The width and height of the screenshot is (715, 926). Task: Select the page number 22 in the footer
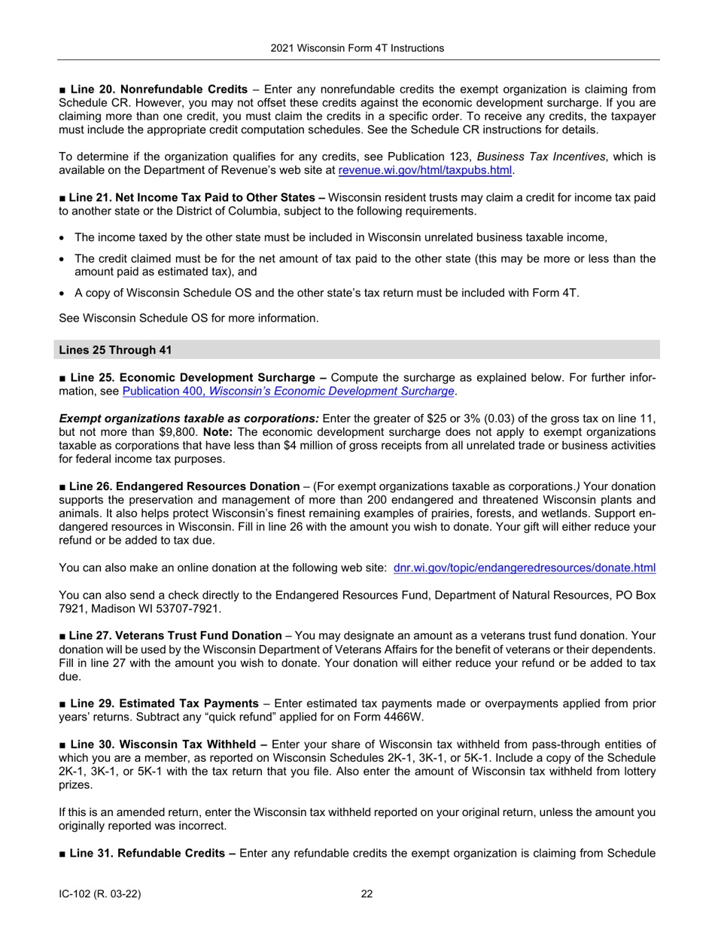point(367,894)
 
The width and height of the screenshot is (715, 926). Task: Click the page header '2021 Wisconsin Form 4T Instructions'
point(357,48)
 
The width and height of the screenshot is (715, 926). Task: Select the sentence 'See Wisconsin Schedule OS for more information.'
point(189,318)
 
